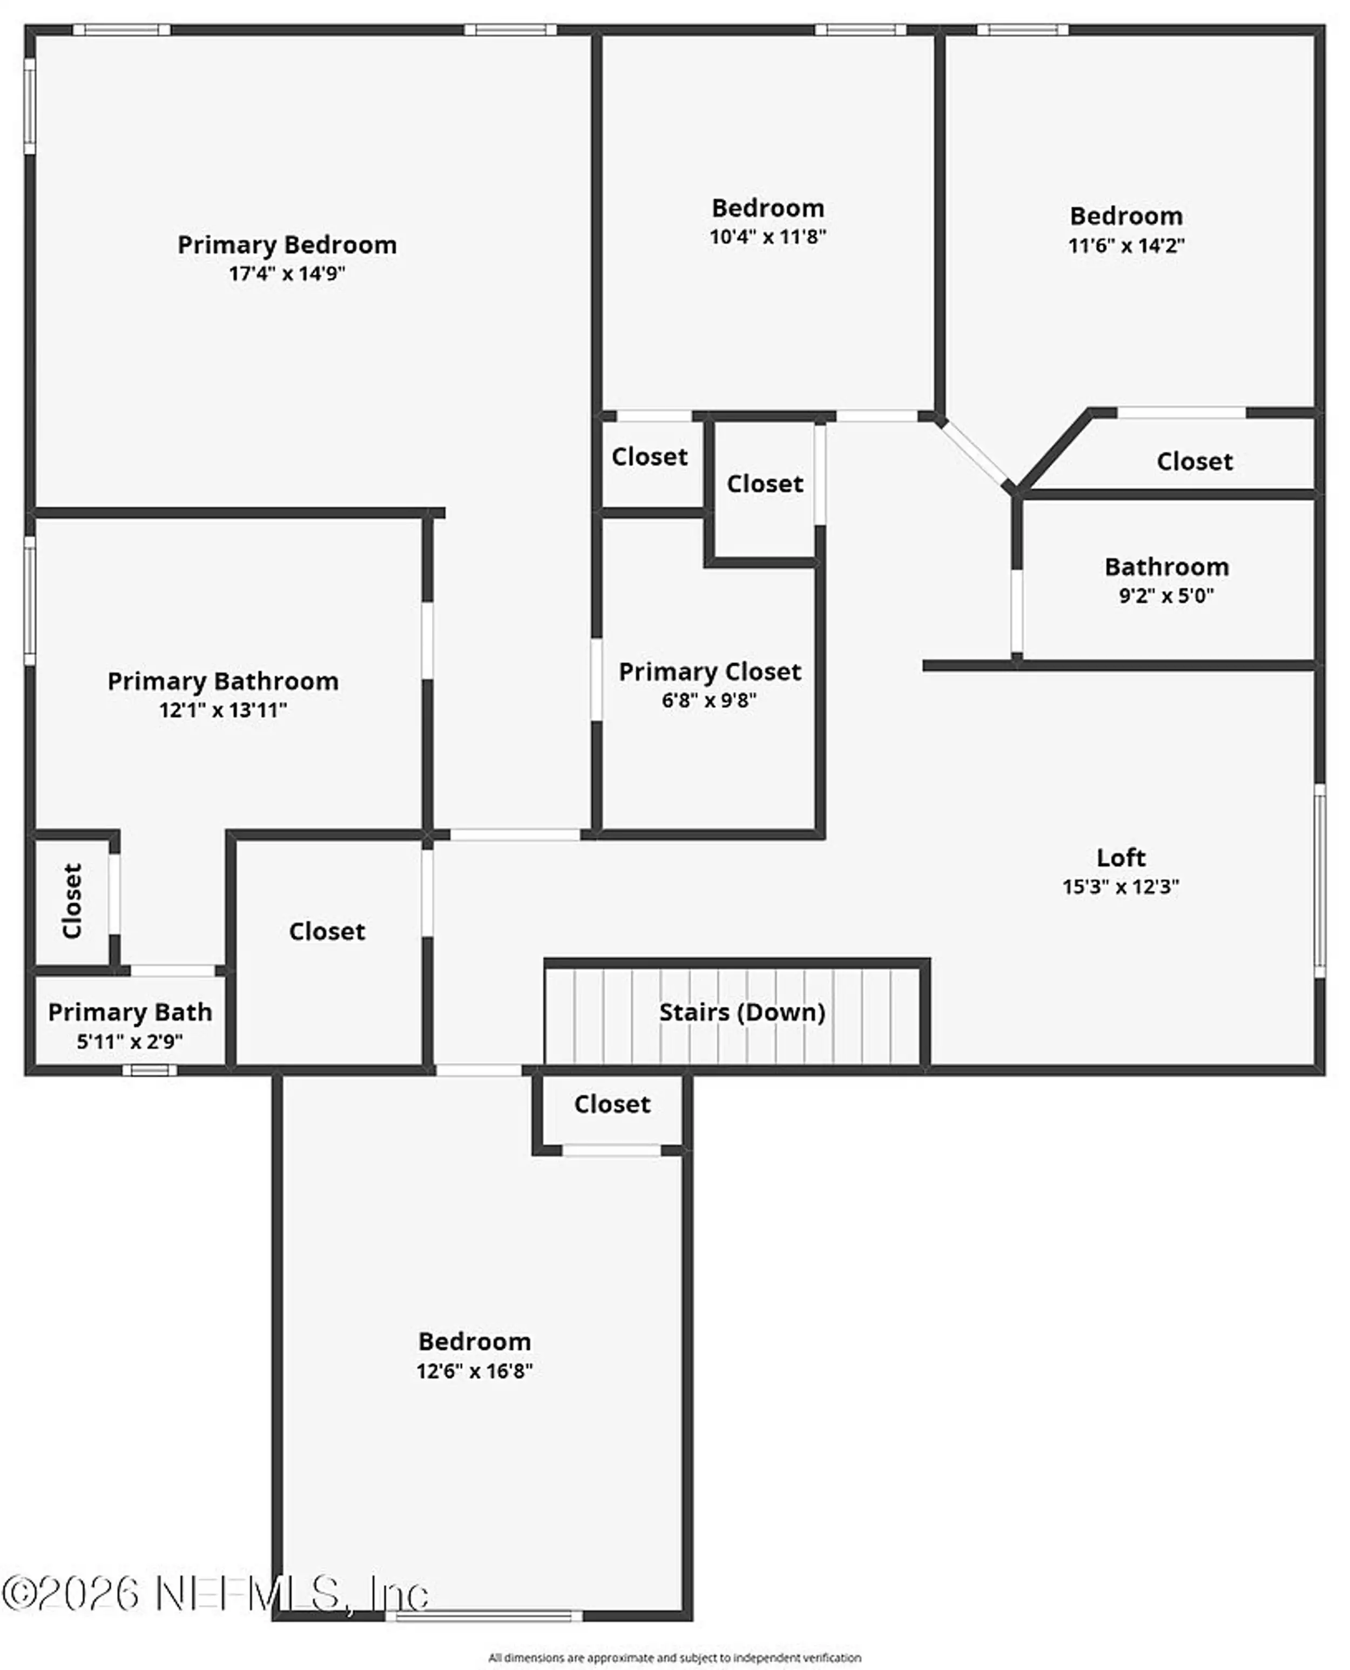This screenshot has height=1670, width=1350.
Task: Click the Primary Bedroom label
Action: tap(287, 245)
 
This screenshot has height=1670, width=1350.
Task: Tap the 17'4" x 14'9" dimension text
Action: tap(287, 274)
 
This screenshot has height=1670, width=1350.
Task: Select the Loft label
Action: tap(1120, 858)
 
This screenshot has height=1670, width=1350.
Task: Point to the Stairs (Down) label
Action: tap(742, 1012)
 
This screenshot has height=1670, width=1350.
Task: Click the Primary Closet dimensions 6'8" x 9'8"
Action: tap(709, 700)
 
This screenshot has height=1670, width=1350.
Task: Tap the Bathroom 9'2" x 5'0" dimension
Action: tap(1166, 596)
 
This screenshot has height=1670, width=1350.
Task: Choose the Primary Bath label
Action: tap(130, 1012)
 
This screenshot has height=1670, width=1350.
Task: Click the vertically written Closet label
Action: tap(71, 901)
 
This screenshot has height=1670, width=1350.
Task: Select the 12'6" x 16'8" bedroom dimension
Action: tap(474, 1371)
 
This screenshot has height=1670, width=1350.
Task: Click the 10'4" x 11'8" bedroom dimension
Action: tap(767, 237)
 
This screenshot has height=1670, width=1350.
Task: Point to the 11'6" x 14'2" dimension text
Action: tap(1126, 246)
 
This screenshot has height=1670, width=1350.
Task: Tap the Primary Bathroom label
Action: tap(223, 682)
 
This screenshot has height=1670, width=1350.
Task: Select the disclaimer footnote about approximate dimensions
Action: tap(675, 1658)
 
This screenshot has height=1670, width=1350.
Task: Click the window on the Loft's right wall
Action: tap(1320, 880)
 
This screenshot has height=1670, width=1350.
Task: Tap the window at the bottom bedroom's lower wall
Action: tap(484, 1617)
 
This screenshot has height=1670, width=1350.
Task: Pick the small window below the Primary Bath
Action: tap(149, 1070)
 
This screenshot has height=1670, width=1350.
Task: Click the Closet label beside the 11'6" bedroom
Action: tap(1194, 461)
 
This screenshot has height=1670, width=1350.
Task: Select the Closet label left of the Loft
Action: tap(327, 931)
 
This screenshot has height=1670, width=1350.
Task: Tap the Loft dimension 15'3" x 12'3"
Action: tap(1120, 887)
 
